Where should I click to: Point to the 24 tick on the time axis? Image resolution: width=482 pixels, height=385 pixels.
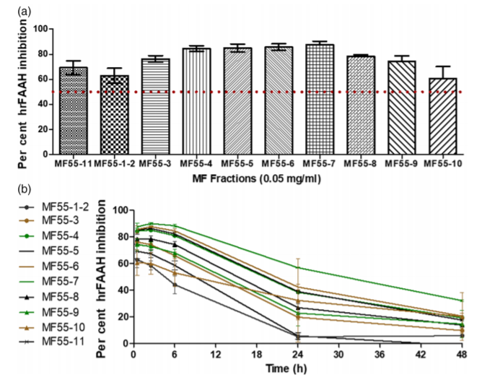point(297,355)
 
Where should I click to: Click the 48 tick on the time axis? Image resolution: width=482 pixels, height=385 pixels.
point(463,355)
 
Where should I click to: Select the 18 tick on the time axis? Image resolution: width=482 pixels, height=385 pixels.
point(256,355)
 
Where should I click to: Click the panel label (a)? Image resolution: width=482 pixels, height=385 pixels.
point(12,8)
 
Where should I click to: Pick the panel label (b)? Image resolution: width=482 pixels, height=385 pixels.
point(12,189)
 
